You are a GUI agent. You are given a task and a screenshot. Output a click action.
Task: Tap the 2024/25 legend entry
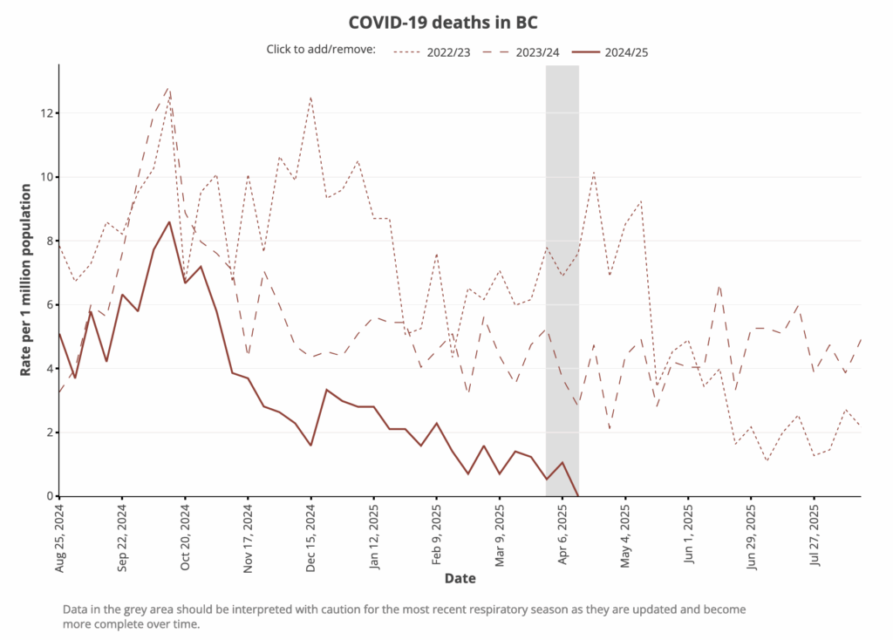[x=626, y=51]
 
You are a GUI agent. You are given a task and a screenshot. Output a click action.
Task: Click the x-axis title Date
[x=460, y=578]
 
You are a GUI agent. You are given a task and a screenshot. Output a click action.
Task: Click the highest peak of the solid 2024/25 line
[x=169, y=222]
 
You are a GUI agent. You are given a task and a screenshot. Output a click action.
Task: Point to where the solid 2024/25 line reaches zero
[x=578, y=495]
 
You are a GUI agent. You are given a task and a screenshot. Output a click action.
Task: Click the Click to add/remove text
[x=321, y=50]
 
